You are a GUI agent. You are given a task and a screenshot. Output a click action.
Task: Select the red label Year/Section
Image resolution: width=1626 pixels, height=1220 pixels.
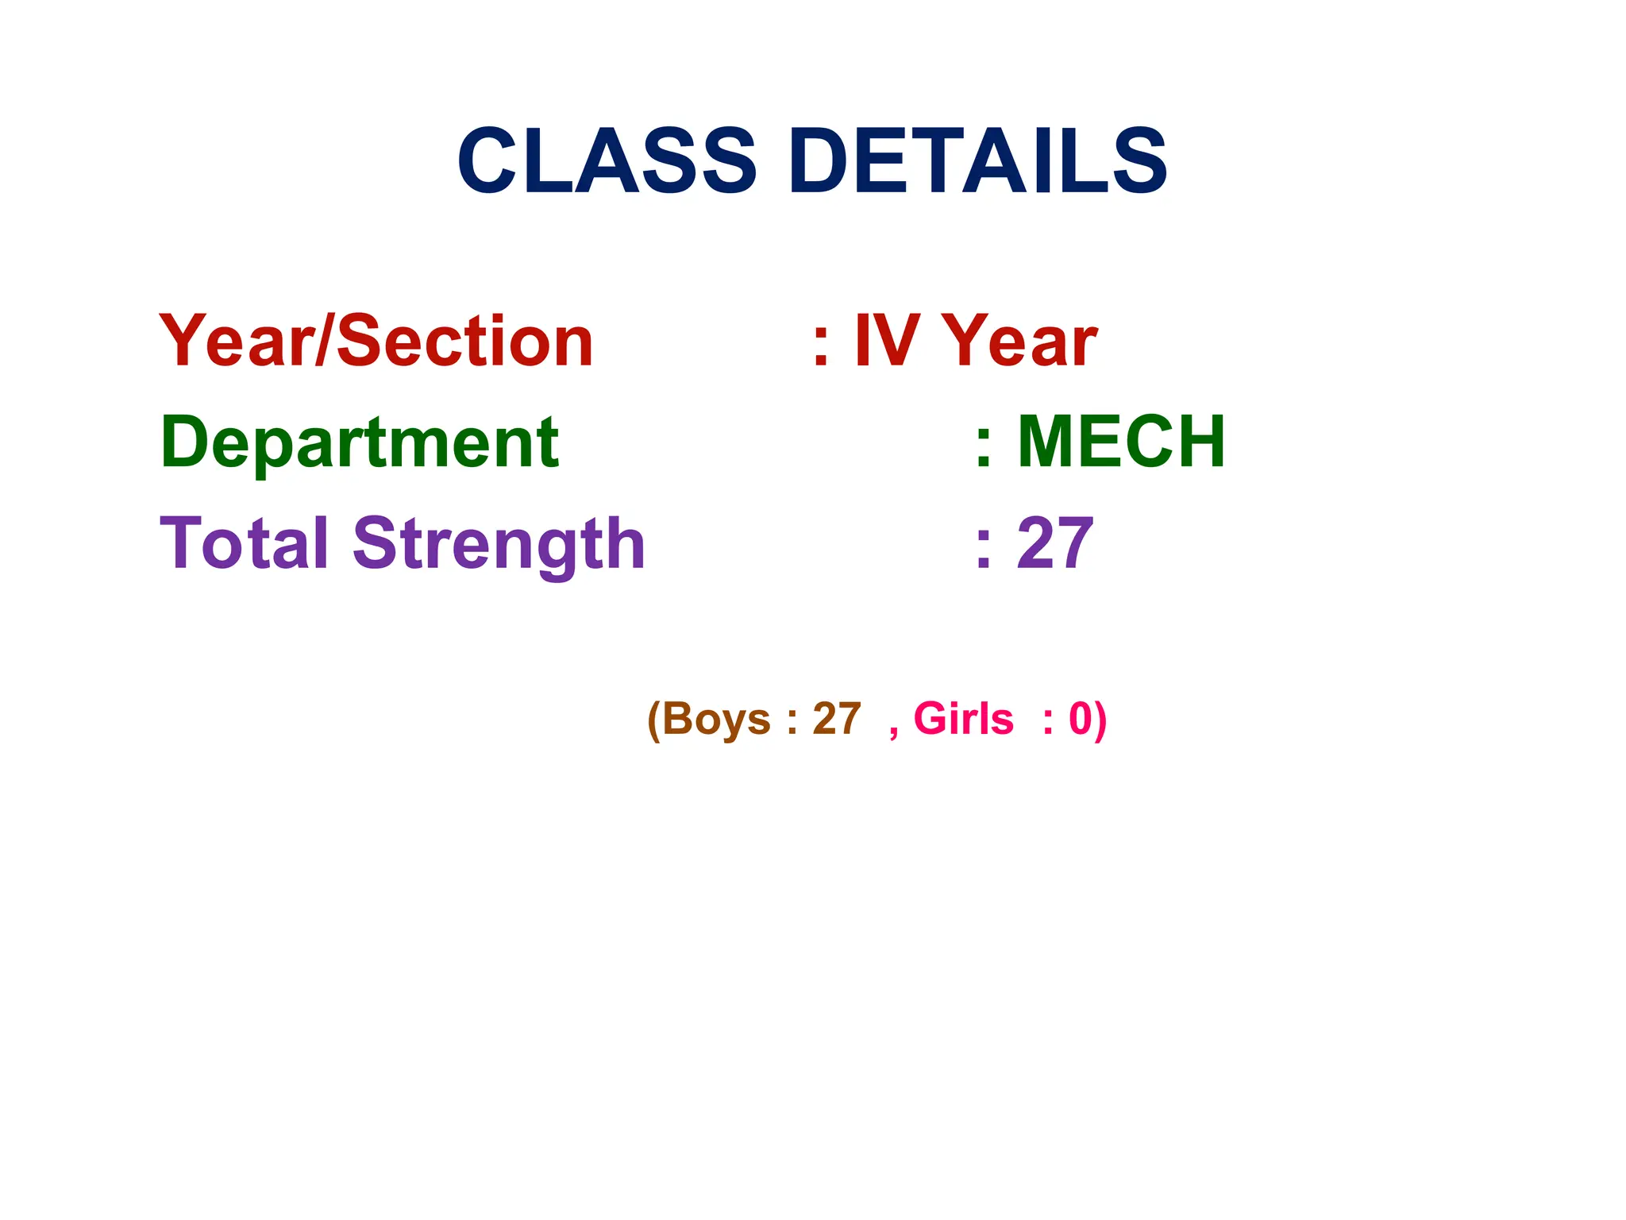tap(376, 342)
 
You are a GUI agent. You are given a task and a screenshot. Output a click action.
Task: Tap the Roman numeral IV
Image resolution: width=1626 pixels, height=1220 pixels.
tap(886, 342)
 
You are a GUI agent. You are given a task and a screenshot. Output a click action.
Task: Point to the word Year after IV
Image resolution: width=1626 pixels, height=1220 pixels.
tap(1023, 342)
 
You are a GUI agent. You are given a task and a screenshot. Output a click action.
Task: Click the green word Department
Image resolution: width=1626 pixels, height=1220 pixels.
tap(360, 443)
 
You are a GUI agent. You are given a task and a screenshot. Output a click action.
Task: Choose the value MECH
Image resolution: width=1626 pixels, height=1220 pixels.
tap(1121, 442)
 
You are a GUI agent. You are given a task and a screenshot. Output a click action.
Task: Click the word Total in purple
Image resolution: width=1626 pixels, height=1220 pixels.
tap(244, 544)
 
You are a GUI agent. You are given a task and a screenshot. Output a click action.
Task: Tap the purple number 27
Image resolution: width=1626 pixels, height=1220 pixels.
tap(1055, 544)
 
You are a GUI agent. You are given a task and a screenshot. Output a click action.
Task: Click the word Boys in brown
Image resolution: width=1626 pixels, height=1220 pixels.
tap(716, 720)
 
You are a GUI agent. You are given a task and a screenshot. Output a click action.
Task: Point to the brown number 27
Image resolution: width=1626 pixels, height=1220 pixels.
tap(837, 720)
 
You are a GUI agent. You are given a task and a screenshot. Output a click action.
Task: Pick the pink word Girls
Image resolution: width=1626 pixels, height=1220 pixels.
tap(963, 720)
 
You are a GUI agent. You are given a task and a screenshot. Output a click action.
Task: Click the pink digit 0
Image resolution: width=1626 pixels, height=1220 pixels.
tap(1081, 720)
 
